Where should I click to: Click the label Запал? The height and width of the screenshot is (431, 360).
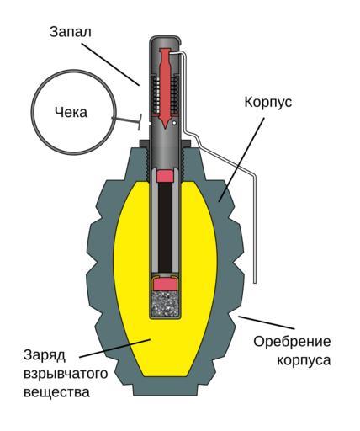[71, 32]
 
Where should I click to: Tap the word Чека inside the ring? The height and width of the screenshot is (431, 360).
[71, 113]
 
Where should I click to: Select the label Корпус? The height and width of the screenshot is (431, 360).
[268, 103]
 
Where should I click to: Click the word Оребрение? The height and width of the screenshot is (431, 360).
[292, 342]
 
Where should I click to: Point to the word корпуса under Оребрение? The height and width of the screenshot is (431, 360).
[304, 360]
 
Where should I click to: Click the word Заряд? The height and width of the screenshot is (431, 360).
[45, 356]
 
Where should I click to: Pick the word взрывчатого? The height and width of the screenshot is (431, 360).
[66, 374]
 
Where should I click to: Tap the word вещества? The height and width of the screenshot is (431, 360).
[57, 391]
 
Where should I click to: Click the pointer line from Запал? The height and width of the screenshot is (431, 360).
[110, 64]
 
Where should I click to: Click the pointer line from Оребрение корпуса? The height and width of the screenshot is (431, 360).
[267, 322]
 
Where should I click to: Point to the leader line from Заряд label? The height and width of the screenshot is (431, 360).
[115, 348]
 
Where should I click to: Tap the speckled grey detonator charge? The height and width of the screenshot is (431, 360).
[166, 304]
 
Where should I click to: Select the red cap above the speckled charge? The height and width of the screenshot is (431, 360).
[166, 284]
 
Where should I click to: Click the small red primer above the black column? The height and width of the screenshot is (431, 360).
[165, 176]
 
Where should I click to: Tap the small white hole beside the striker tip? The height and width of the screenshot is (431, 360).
[174, 123]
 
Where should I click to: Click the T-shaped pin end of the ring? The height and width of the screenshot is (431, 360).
[140, 122]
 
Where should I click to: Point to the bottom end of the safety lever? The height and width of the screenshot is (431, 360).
[255, 282]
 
